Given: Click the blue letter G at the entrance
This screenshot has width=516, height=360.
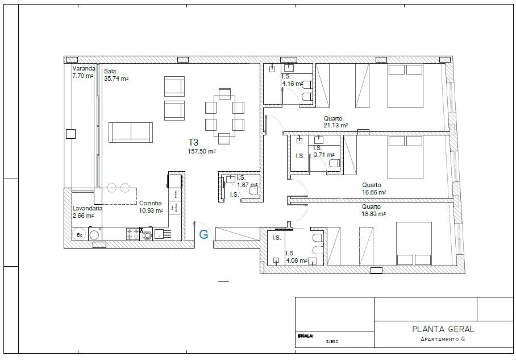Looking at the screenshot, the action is pyautogui.click(x=203, y=234).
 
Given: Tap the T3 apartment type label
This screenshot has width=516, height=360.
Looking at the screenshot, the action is pyautogui.click(x=193, y=142).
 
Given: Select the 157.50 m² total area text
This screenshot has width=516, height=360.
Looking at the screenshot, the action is pyautogui.click(x=202, y=151).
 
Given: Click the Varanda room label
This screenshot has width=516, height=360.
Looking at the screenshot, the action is pyautogui.click(x=84, y=68).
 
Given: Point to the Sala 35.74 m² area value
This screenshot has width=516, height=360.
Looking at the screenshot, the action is pyautogui.click(x=116, y=78).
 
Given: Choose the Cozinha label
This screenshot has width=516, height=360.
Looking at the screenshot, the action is pyautogui.click(x=151, y=203).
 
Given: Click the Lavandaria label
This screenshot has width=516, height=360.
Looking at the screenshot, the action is pyautogui.click(x=87, y=209).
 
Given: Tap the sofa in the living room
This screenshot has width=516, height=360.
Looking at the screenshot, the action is pyautogui.click(x=131, y=132).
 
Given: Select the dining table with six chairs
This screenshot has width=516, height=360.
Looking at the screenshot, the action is pyautogui.click(x=224, y=116).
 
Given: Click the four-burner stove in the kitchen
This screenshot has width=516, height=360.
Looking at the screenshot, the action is pyautogui.click(x=132, y=234).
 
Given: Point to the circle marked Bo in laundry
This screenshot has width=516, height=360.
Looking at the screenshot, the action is pyautogui.click(x=80, y=234).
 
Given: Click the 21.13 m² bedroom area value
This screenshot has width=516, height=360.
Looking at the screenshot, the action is pyautogui.click(x=336, y=126).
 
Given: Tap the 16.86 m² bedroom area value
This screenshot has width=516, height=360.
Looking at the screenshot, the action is pyautogui.click(x=374, y=192).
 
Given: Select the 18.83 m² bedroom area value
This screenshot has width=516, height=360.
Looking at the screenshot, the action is pyautogui.click(x=374, y=214).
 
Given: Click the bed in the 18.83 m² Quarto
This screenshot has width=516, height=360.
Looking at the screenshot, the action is pyautogui.click(x=414, y=244).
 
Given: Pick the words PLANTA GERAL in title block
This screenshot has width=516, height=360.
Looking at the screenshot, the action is pyautogui.click(x=443, y=329).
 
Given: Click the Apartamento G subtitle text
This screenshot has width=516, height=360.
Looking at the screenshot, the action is pyautogui.click(x=443, y=339).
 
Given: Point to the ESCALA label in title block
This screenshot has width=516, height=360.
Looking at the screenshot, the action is pyautogui.click(x=305, y=336).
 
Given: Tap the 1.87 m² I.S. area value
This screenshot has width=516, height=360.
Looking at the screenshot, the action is pyautogui.click(x=247, y=185).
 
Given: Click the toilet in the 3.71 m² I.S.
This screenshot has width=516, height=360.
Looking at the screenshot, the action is pyautogui.click(x=334, y=163).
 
